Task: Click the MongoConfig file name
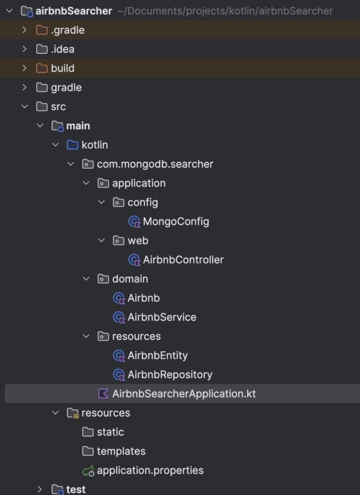click(176, 221)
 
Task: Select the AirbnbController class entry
click(183, 260)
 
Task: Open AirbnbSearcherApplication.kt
click(184, 393)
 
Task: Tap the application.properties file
click(150, 470)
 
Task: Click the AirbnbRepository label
click(170, 375)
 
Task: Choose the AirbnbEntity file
click(158, 355)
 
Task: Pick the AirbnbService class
click(162, 317)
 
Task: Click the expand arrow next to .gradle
click(25, 30)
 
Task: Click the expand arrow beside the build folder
click(25, 68)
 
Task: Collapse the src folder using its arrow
click(25, 107)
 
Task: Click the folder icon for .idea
click(42, 49)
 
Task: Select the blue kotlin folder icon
click(73, 145)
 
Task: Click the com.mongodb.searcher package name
click(155, 164)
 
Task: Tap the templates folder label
click(121, 451)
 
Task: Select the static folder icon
click(88, 432)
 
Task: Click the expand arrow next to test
click(40, 489)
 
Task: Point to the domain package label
click(130, 279)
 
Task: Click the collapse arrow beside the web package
click(102, 241)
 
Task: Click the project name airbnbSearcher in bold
click(74, 11)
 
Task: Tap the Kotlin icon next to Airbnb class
click(119, 298)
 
